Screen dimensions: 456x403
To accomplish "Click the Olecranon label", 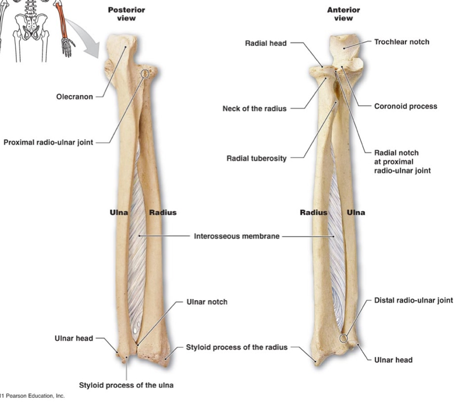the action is point(75,97).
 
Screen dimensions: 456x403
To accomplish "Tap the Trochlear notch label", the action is point(401,42).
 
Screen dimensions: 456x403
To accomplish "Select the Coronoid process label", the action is point(406,107).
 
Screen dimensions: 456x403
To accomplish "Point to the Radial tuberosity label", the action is point(256,159).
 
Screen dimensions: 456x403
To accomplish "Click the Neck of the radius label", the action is point(254,109).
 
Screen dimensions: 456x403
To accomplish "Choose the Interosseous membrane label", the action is point(237,236).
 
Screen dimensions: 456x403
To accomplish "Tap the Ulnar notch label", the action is point(206,302).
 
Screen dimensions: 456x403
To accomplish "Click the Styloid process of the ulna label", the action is point(126,385).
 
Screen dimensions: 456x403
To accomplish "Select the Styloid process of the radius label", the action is point(237,347).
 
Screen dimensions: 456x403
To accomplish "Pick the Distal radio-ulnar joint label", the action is point(413,301).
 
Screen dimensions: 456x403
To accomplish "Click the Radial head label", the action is point(266,43).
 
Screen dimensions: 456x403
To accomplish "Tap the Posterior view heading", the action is point(126,14).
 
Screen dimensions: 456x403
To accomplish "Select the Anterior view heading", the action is point(343,14).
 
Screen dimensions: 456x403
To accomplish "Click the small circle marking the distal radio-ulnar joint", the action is point(343,339).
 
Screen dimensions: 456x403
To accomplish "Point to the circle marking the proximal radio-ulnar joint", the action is point(145,74).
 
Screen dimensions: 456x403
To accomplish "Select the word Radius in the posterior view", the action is point(163,213).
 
